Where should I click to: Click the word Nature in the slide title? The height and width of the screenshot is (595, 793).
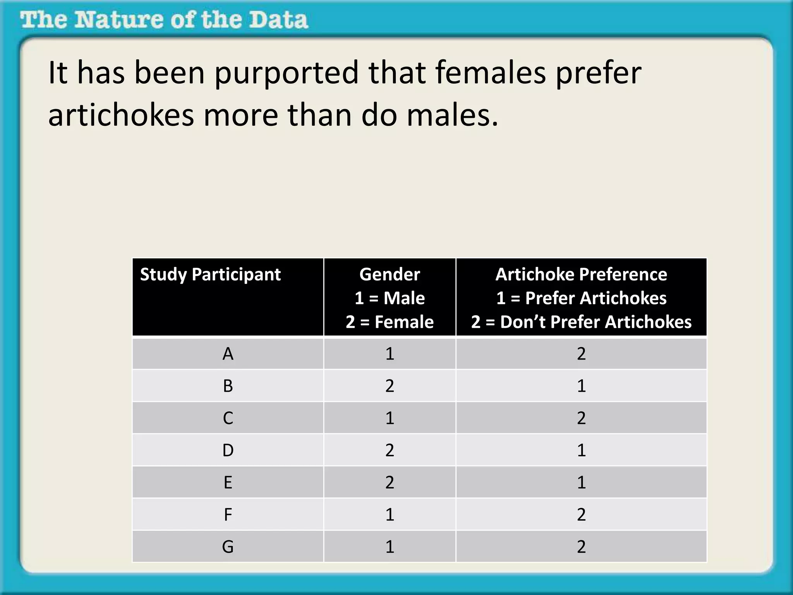118,20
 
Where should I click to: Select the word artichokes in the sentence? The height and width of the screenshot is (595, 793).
121,115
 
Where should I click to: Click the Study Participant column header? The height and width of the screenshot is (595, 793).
210,275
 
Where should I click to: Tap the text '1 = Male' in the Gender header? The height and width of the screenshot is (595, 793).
390,298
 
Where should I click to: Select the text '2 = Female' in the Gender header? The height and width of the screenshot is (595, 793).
390,322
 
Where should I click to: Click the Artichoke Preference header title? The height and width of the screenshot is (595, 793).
581,275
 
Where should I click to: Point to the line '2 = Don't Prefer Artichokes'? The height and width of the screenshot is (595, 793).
581,322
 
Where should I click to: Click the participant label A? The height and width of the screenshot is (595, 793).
228,354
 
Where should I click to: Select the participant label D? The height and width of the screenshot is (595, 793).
228,450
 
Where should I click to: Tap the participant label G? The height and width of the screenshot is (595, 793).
228,547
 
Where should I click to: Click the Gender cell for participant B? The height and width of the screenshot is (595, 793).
390,386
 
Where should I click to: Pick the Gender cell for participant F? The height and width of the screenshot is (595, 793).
390,514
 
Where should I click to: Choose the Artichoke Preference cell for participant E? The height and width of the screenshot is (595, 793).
581,482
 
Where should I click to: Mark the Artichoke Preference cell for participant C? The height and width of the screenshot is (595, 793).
581,418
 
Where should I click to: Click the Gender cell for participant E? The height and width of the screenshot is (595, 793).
390,482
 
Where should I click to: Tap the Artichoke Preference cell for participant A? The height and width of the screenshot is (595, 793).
581,354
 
